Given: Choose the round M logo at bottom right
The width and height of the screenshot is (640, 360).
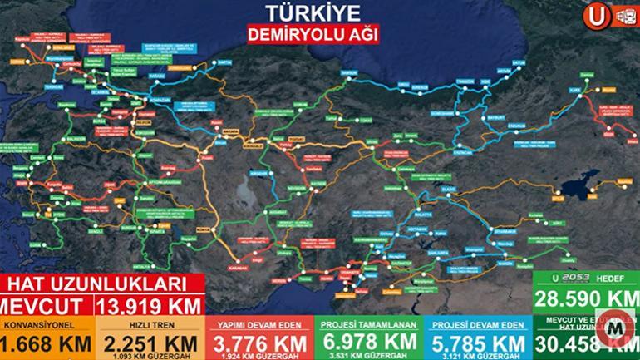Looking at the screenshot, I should tap(617, 330).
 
